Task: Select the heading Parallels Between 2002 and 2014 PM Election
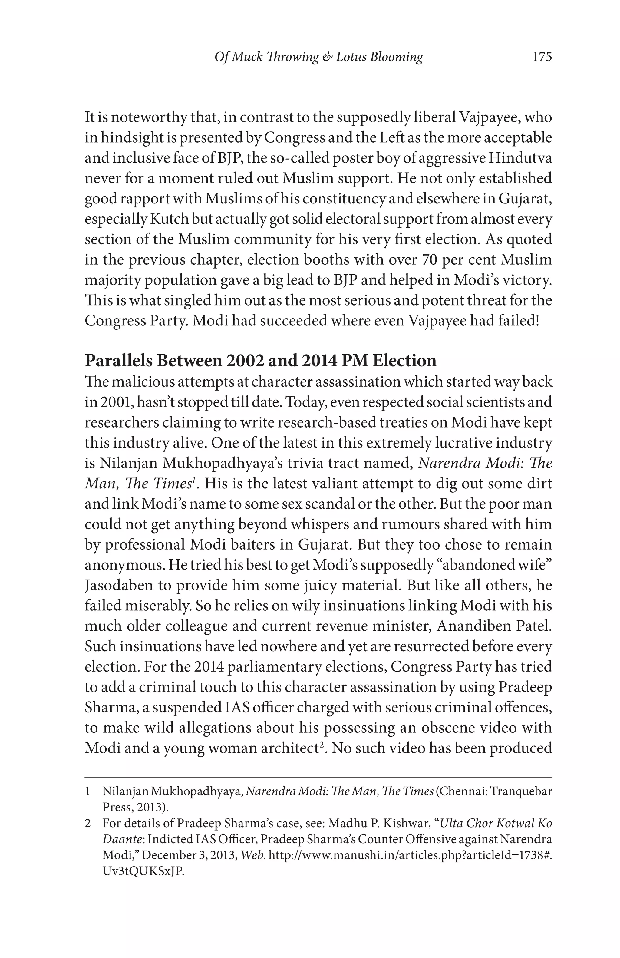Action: (x=260, y=361)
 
